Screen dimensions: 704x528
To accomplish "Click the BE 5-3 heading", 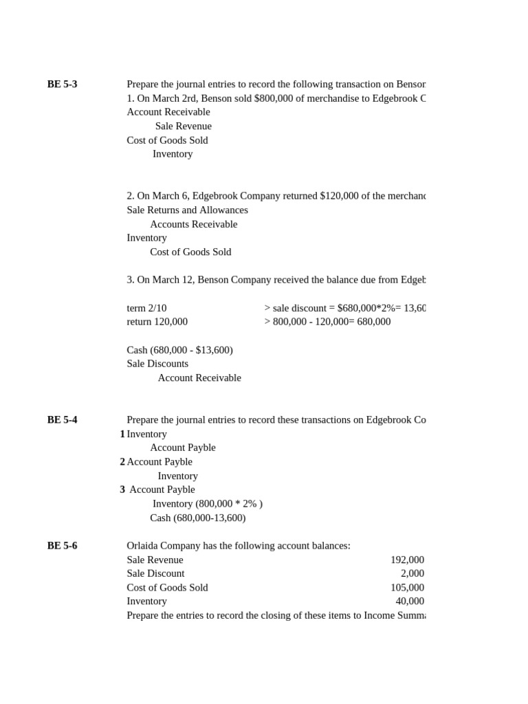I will point(62,85).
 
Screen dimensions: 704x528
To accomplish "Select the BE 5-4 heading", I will point(62,420).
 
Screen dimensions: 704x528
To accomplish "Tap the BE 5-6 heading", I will point(62,546).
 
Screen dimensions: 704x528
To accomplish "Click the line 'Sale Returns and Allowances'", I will point(187,210).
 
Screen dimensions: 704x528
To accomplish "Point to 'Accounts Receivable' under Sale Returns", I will point(193,224).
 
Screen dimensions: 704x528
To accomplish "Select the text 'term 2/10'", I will point(146,308).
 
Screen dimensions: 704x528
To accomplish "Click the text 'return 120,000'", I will point(157,322).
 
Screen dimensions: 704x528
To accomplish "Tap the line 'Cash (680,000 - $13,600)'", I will point(179,350).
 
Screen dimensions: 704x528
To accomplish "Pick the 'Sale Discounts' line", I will point(157,364).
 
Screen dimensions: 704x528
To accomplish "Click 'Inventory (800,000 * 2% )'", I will point(207,504).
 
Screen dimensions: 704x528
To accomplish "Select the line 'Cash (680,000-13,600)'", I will point(197,518).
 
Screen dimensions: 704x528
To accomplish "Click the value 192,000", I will point(407,560).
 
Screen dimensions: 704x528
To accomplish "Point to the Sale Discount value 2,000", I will point(412,573).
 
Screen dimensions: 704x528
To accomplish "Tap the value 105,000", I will point(407,588).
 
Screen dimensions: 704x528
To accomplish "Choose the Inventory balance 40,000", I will point(410,602).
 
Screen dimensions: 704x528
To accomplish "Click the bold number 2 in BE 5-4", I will point(122,462).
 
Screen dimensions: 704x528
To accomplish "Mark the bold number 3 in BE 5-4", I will point(122,490).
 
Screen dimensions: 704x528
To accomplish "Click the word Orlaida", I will point(145,546).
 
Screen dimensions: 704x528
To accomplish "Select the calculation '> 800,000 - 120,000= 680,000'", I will point(327,322).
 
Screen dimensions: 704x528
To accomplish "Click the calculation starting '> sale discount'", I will point(344,308).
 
